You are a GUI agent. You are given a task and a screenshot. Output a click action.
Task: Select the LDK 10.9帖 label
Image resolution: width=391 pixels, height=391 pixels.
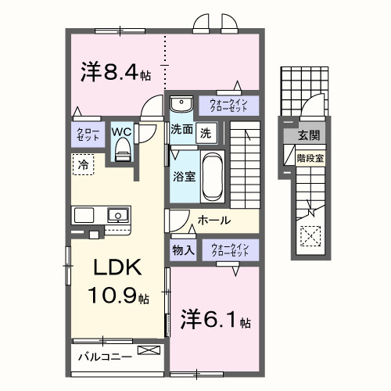118,281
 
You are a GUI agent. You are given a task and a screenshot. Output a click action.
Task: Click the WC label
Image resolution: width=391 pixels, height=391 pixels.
122,131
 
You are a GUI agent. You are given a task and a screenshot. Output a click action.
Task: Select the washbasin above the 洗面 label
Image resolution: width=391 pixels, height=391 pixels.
181,104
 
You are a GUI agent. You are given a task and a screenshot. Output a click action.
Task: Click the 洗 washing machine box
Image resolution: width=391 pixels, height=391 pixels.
205,132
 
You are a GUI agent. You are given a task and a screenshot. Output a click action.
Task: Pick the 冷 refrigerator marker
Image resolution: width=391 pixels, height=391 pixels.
82,164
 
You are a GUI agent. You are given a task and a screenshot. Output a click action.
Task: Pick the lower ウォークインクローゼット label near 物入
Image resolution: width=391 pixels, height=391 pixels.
228,250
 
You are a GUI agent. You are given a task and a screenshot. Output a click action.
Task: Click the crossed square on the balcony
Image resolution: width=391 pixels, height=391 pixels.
146,350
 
